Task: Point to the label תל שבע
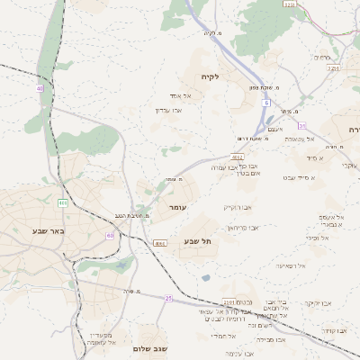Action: point(208,240)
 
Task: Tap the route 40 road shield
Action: point(40,88)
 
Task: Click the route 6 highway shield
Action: point(266,103)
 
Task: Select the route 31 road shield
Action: point(302,125)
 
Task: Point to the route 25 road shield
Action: point(168,297)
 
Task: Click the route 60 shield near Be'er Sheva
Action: point(110,236)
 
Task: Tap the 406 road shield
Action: point(63,203)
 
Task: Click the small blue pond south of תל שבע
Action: point(206,278)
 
